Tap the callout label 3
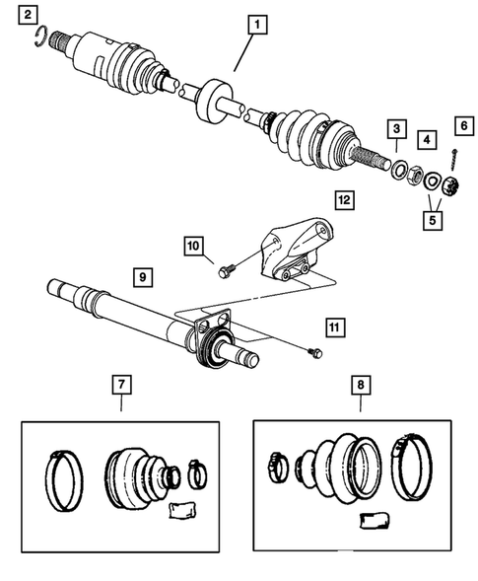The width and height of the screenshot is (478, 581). point(396,129)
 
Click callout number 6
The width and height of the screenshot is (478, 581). point(459,125)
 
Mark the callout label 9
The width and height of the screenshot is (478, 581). point(144,278)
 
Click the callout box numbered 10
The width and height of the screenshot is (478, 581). point(191,245)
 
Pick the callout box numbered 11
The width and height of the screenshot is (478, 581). point(336,327)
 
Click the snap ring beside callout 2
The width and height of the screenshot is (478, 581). point(39,38)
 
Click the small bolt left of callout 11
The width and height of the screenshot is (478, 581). point(312,350)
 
